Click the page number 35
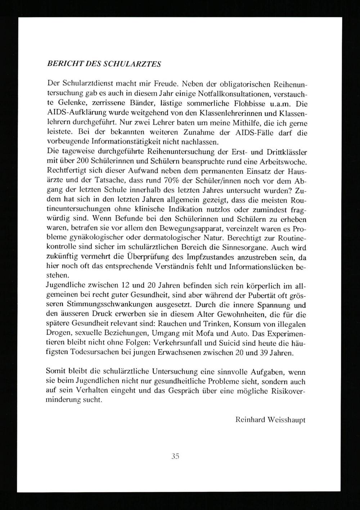point(175,456)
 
